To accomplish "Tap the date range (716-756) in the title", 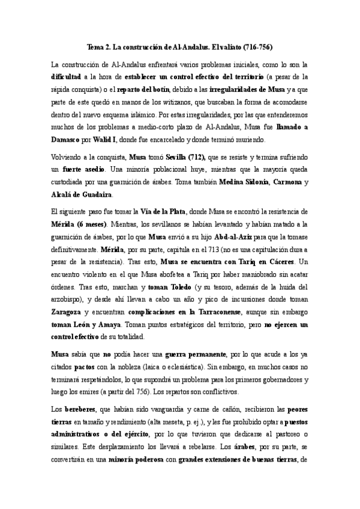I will coord(254,46).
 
